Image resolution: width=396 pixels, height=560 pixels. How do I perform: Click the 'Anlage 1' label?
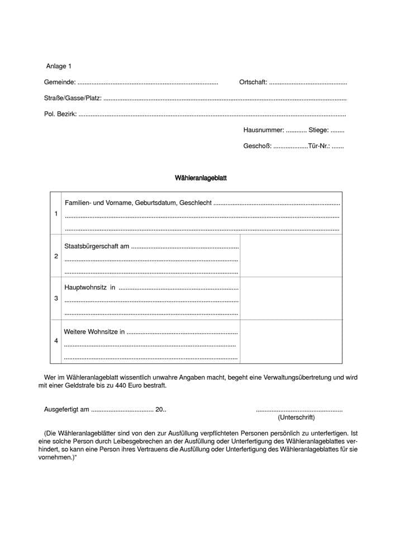pos(59,67)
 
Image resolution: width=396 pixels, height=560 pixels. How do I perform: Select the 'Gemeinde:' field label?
pos(59,82)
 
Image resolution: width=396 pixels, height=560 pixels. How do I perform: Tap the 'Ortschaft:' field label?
pos(252,82)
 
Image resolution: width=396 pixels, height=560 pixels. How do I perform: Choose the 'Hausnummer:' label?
pos(263,130)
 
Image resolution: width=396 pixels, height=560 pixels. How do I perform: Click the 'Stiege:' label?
pos(318,130)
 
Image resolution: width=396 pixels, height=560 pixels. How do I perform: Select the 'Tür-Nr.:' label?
pos(318,146)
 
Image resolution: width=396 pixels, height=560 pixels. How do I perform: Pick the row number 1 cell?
pos(56,213)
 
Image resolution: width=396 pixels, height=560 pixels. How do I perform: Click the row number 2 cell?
pos(56,256)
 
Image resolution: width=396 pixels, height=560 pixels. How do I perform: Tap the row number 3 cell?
pos(56,298)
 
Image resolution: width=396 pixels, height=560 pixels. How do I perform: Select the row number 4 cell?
pos(56,340)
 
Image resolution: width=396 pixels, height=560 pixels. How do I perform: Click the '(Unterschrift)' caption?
pos(296,417)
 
